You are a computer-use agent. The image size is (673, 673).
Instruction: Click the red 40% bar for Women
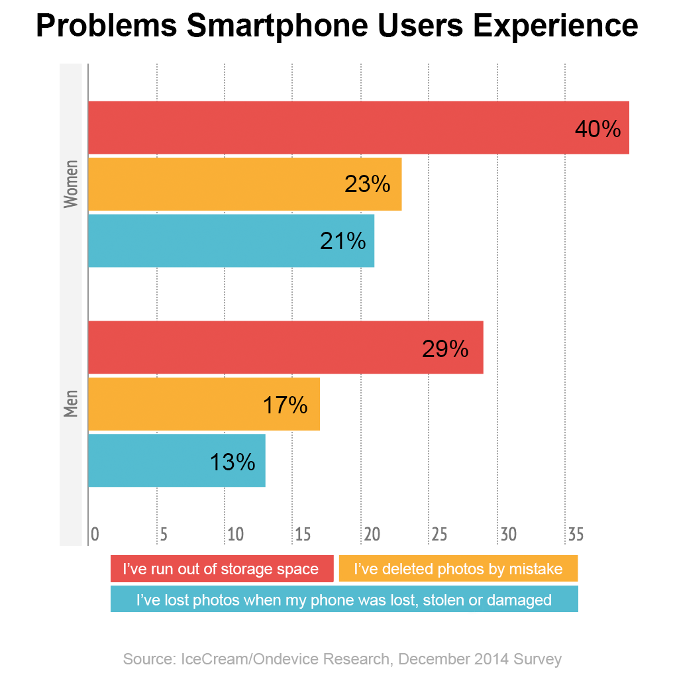(x=358, y=128)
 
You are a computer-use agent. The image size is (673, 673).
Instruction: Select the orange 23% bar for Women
(x=244, y=184)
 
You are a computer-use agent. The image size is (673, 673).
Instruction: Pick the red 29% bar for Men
(x=285, y=348)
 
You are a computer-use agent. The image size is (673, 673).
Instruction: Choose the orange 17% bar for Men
(x=203, y=404)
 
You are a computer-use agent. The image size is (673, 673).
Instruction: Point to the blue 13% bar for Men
(x=176, y=460)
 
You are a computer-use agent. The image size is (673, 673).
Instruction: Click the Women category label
(x=71, y=184)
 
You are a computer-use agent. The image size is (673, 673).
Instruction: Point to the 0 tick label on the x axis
(x=95, y=534)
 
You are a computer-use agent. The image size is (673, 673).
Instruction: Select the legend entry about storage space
(x=221, y=569)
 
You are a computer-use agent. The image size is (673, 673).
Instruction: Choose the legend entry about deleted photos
(x=458, y=569)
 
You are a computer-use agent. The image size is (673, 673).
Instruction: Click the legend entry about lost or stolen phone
(x=344, y=599)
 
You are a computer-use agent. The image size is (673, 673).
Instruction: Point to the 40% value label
(x=597, y=129)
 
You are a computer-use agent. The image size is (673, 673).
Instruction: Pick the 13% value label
(x=233, y=462)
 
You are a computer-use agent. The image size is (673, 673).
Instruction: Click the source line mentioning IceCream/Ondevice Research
(x=342, y=659)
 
